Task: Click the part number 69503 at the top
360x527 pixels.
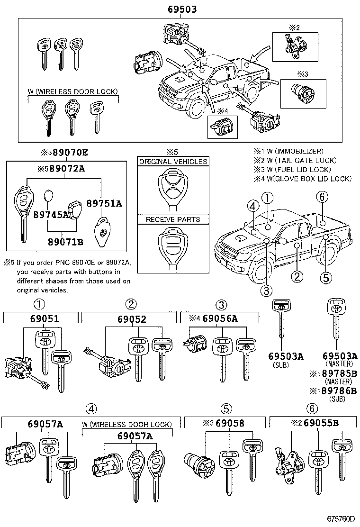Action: (182, 9)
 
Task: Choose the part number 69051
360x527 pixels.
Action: (43, 319)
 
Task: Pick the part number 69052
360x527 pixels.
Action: (132, 319)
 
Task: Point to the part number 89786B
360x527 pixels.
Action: (340, 391)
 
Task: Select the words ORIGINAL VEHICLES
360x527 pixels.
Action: (173, 162)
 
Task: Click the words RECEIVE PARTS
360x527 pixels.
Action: (173, 220)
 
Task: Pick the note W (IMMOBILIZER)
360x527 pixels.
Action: (293, 151)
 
